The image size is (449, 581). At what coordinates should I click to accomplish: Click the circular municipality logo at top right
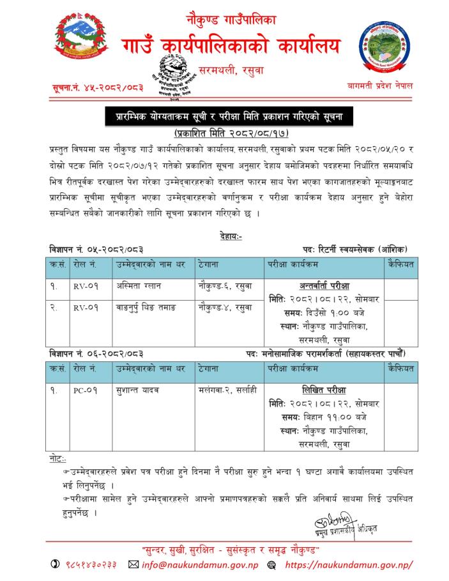[x=383, y=45]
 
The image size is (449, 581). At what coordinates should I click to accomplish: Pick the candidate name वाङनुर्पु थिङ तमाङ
[x=146, y=307]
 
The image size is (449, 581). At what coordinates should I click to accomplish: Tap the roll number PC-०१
[x=84, y=388]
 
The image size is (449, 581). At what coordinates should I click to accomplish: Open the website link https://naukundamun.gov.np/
[x=348, y=565]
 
